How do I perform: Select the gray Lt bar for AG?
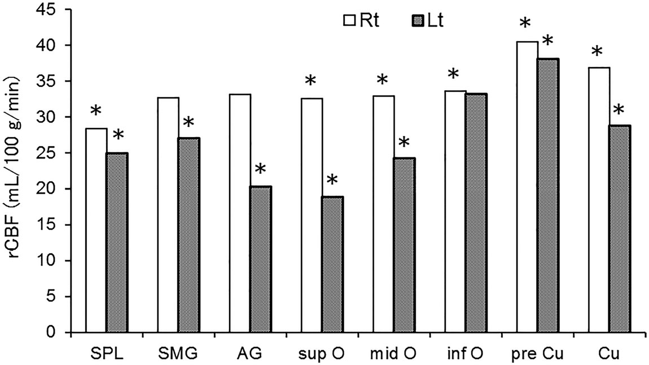(260, 259)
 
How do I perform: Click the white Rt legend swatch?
(349, 21)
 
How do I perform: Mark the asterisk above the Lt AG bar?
(260, 169)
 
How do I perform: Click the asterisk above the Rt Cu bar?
(597, 52)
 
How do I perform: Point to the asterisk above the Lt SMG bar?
(188, 122)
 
